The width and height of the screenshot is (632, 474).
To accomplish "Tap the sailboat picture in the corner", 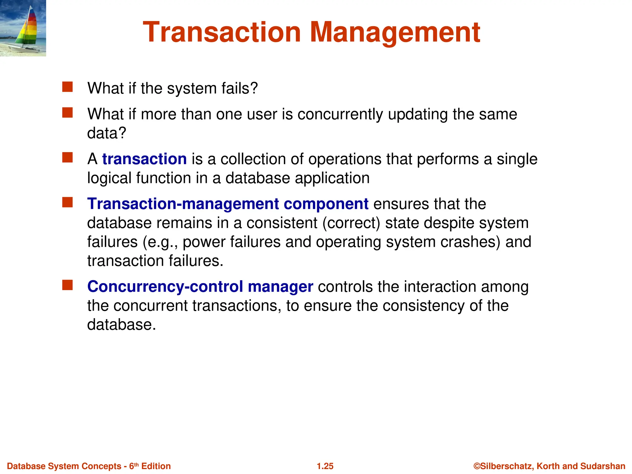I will click(23, 28).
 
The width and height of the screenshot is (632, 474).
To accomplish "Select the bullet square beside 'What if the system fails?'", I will click(67, 87).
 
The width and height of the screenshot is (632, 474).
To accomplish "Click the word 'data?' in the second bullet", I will click(107, 133).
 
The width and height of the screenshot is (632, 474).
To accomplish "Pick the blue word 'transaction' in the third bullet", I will click(144, 159).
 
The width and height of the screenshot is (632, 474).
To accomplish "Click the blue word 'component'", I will click(326, 204).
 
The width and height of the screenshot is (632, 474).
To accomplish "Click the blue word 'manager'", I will click(280, 287).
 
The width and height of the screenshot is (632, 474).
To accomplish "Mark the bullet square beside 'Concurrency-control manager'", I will click(67, 285).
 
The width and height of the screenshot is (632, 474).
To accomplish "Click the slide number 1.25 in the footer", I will click(325, 466).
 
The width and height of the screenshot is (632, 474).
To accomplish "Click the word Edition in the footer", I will click(156, 466).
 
